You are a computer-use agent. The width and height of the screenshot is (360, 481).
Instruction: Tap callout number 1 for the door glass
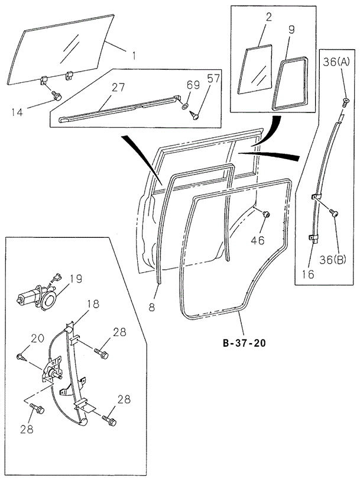134,56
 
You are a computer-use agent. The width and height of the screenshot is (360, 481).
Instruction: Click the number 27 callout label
118,87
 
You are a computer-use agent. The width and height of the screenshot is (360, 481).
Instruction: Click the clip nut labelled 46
265,214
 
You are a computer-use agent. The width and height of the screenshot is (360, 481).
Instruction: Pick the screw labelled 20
22,356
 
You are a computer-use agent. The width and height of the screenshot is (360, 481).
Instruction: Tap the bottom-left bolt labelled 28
37,409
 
